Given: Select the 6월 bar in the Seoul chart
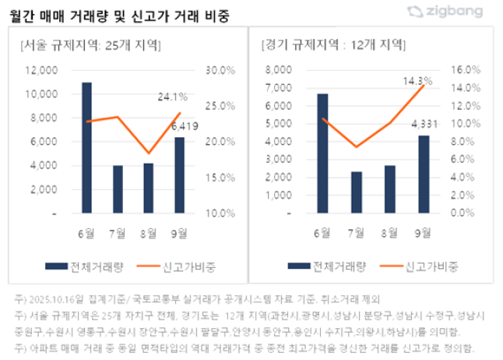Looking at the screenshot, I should [87, 148].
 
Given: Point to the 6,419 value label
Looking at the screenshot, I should [184, 125].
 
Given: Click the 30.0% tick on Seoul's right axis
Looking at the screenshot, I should [219, 70].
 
